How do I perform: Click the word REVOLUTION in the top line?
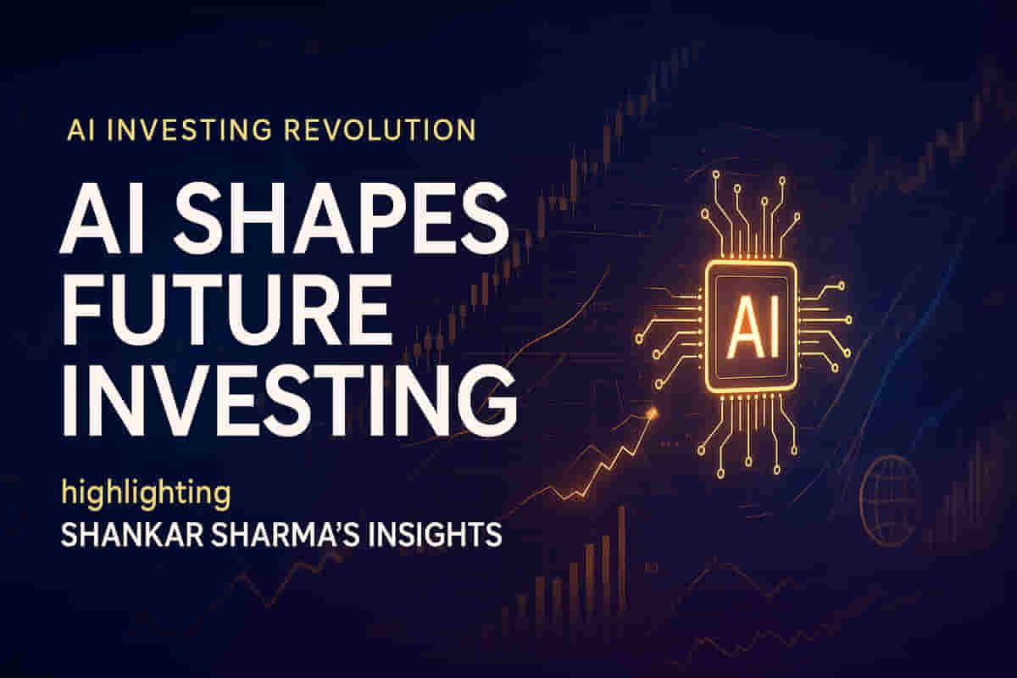pos(379,131)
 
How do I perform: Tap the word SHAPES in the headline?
pos(342,220)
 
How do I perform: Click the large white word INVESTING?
pos(289,400)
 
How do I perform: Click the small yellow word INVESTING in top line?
pos(189,131)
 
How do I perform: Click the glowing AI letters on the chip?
pos(753,326)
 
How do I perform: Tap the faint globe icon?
pos(883,500)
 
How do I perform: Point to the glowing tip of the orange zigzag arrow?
pos(653,414)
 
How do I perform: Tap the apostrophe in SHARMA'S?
pos(339,527)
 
